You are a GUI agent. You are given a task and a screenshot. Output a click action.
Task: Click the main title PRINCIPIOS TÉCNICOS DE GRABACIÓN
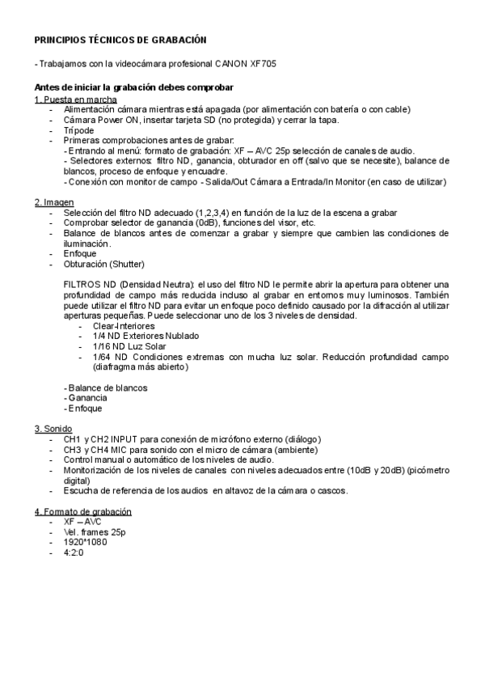coord(120,40)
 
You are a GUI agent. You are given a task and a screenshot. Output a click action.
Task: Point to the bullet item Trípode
coord(79,130)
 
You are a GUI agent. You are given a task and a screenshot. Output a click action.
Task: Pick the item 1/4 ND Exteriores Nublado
coord(145,336)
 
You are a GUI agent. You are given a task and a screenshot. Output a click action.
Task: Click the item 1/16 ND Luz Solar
coord(129,346)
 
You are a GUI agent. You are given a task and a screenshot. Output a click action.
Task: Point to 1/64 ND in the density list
coord(109,357)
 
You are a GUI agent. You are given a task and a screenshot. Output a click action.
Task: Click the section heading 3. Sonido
coord(53,428)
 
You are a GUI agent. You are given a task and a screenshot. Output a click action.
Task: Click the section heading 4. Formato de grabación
coord(82,512)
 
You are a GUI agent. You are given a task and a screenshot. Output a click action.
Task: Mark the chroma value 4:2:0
coord(74,553)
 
